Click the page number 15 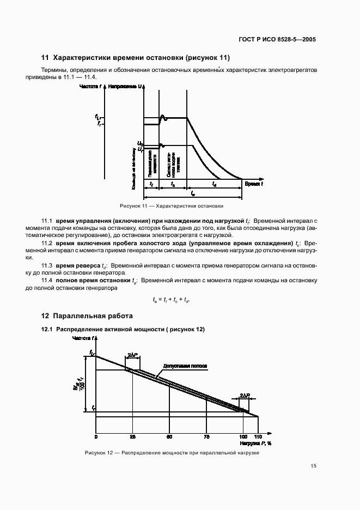point(313,466)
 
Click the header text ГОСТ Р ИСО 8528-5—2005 point(278,40)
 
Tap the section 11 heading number point(45,58)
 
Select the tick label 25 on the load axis point(132,437)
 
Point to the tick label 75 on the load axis point(206,437)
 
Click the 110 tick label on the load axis point(258,437)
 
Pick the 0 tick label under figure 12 point(96,437)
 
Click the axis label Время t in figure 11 point(254,184)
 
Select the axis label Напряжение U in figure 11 point(126,87)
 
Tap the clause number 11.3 point(47,265)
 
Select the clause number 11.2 point(47,242)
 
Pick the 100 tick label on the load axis point(243,437)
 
